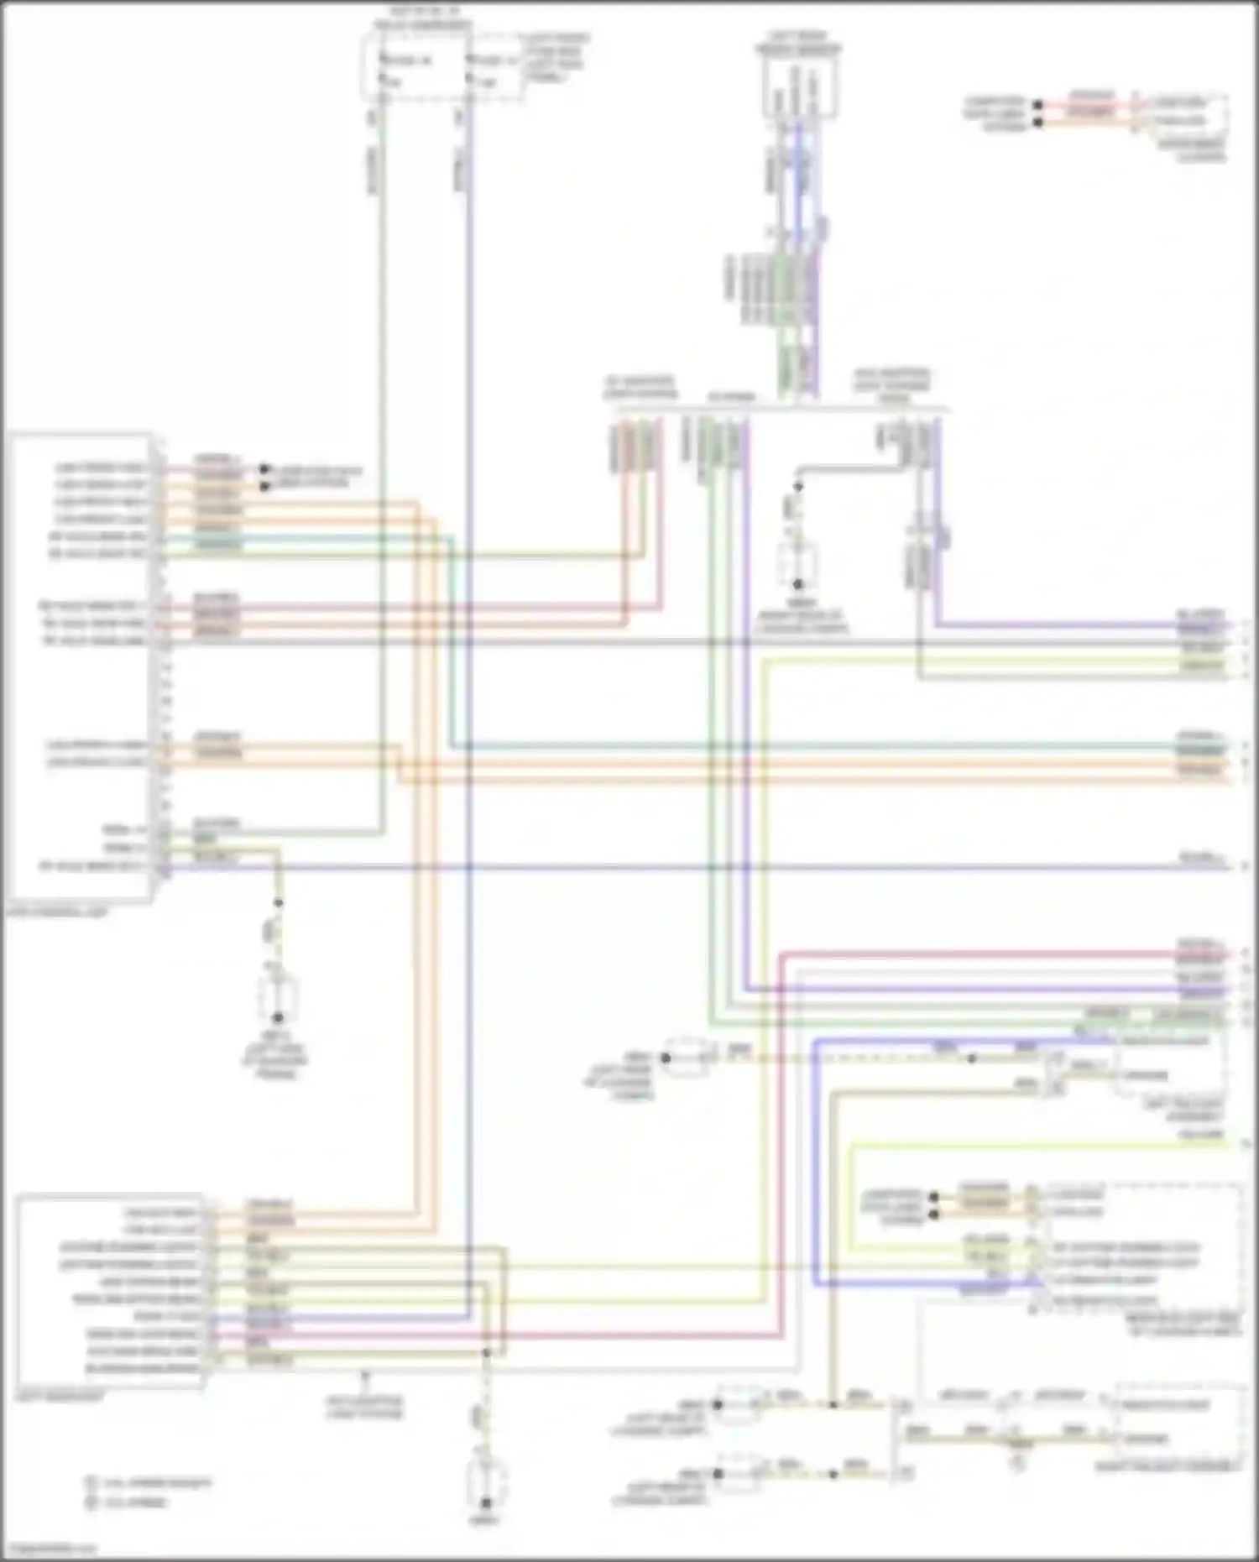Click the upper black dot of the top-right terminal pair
click(x=1038, y=106)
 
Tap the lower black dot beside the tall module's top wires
click(x=264, y=485)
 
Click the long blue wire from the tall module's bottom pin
click(x=671, y=866)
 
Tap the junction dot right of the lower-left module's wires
click(x=486, y=1352)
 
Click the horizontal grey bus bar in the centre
click(x=781, y=410)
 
